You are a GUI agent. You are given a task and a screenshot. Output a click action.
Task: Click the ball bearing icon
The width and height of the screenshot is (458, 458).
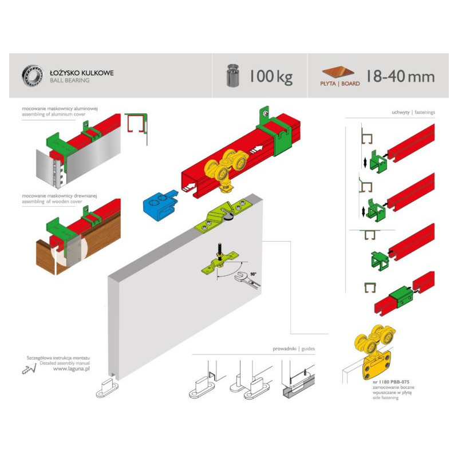[33, 76]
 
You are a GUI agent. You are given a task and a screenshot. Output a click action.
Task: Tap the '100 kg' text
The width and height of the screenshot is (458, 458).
[270, 76]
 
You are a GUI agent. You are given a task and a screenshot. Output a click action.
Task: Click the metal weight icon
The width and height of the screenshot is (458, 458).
[233, 76]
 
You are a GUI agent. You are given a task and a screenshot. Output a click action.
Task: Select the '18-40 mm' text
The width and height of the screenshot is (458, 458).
[400, 76]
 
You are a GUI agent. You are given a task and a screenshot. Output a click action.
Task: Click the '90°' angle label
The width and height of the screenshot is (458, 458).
[253, 274]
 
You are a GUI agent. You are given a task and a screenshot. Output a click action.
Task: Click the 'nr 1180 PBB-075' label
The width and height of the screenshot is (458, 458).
[391, 381]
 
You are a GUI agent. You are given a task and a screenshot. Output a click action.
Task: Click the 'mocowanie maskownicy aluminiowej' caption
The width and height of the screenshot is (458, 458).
[60, 108]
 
